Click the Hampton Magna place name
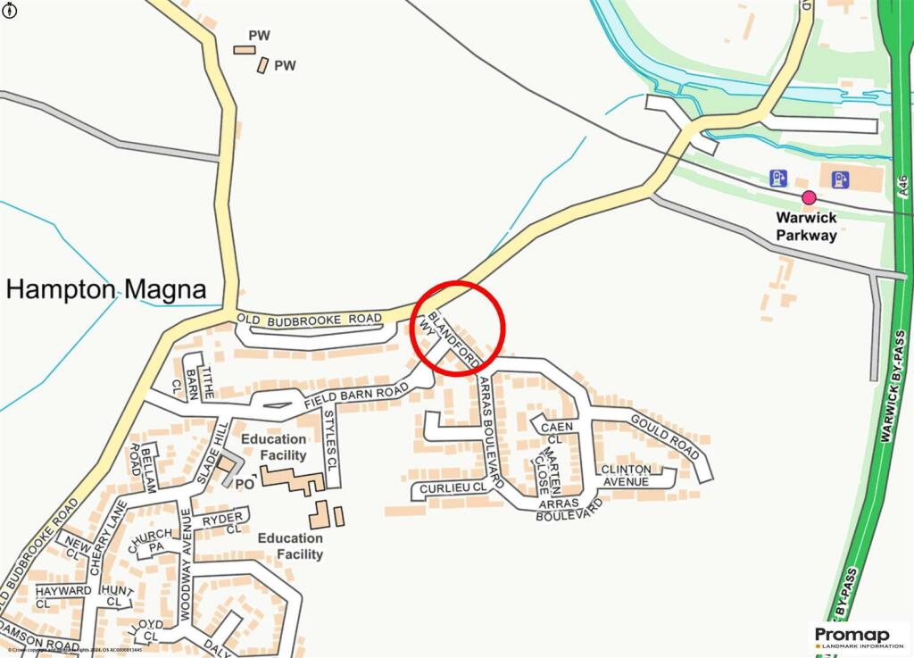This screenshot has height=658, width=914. (106, 289)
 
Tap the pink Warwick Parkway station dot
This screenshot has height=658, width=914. (809, 198)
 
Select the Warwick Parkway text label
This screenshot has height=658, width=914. (806, 227)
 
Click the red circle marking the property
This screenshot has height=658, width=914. (458, 328)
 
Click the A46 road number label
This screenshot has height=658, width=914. (903, 186)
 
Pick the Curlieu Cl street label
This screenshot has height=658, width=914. (454, 488)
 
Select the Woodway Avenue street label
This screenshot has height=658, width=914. (186, 565)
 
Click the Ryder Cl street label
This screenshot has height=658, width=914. (222, 522)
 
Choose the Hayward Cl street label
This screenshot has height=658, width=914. (62, 597)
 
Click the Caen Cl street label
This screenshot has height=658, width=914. (556, 433)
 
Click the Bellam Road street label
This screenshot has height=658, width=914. (143, 467)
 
